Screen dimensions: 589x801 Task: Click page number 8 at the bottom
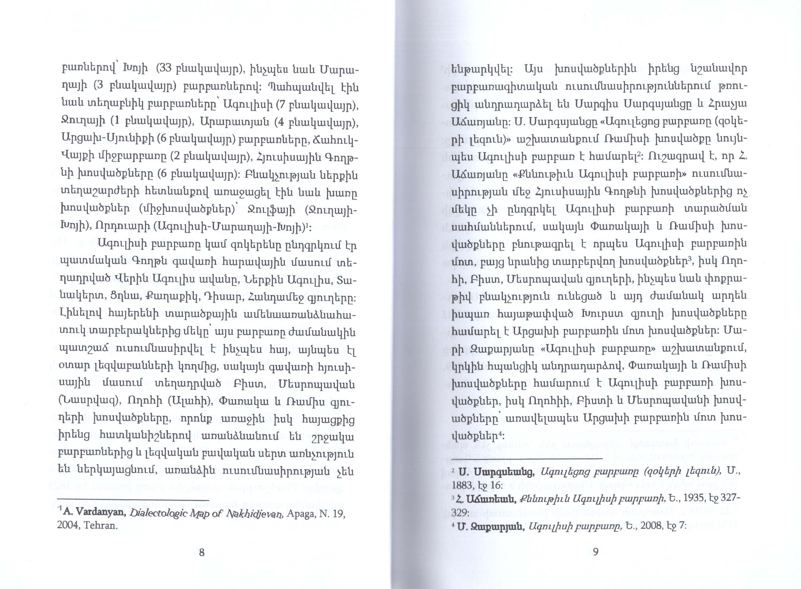(202, 553)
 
